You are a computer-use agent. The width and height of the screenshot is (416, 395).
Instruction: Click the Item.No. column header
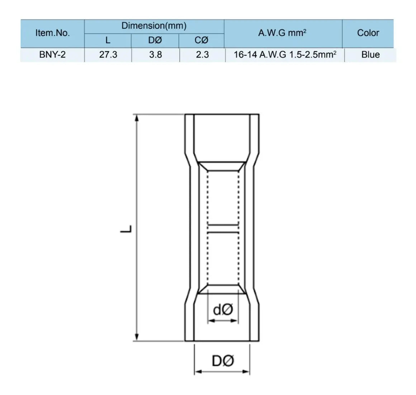tap(52, 33)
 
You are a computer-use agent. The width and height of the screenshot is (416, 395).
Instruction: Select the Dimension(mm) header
tap(154, 26)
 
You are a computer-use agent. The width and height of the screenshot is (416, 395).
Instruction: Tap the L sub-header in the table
tap(108, 40)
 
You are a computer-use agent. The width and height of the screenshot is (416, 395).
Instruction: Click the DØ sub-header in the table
tap(155, 40)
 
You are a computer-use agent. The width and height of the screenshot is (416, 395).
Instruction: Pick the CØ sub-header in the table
tap(202, 40)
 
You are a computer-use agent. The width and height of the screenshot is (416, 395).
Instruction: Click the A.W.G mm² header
tap(282, 33)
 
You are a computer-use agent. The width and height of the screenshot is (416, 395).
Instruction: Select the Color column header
tap(368, 33)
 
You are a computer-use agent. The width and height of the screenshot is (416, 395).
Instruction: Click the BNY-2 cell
tap(52, 55)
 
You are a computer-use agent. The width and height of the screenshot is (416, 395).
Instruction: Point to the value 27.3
tap(108, 55)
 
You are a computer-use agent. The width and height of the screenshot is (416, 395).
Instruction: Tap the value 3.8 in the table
tap(156, 55)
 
